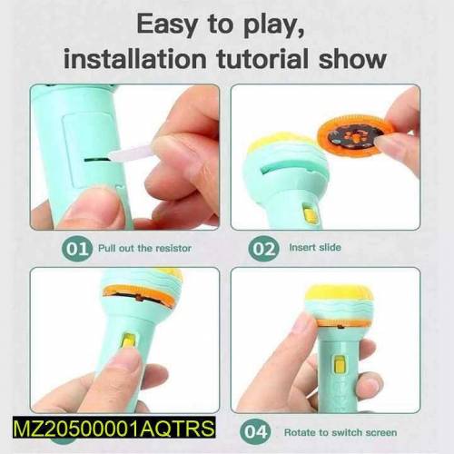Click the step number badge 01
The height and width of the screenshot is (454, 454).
(76, 249)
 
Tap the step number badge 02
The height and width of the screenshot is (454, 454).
(263, 249)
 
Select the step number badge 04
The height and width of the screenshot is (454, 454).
(255, 432)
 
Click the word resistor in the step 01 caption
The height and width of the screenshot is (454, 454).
(173, 249)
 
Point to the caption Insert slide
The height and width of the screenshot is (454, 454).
(315, 247)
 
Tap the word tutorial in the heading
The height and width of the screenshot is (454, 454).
(262, 58)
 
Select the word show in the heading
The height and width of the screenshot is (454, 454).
(352, 58)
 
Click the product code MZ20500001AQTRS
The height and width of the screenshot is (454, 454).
(114, 428)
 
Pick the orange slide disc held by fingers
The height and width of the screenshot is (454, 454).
(351, 133)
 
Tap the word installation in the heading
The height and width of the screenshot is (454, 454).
(135, 58)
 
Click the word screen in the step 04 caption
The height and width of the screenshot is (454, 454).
(381, 432)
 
